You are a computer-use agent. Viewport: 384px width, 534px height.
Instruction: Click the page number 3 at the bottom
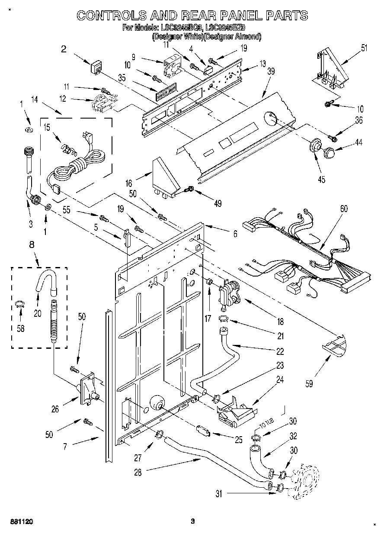[193, 521]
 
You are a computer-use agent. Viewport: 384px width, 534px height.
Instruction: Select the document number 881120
[20, 521]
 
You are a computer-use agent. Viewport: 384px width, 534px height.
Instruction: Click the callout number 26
[55, 408]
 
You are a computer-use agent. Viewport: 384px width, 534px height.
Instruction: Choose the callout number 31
[219, 493]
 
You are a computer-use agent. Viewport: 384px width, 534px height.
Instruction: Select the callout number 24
[280, 380]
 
